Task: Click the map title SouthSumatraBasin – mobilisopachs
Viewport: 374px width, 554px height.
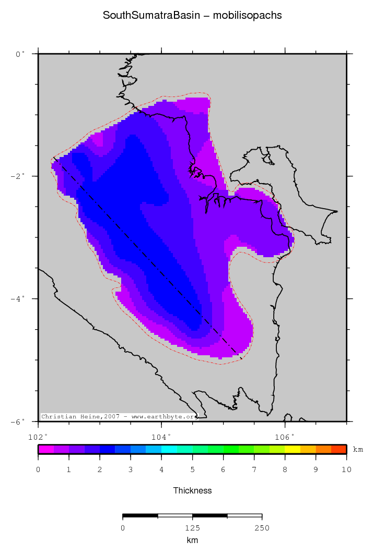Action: point(192,16)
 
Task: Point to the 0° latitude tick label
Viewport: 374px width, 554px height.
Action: point(20,54)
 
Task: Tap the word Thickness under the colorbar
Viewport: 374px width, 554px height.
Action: point(192,490)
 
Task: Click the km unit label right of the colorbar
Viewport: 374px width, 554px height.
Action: point(358,449)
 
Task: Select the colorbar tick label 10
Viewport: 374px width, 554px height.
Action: point(346,470)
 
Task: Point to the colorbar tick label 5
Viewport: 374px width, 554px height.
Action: point(192,470)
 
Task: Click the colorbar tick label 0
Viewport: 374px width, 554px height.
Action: point(38,470)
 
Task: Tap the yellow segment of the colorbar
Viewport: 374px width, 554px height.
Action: point(293,449)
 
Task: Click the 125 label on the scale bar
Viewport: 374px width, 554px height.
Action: point(192,528)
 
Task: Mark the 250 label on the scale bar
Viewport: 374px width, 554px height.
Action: point(262,528)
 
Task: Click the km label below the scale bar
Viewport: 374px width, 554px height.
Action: point(192,540)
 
